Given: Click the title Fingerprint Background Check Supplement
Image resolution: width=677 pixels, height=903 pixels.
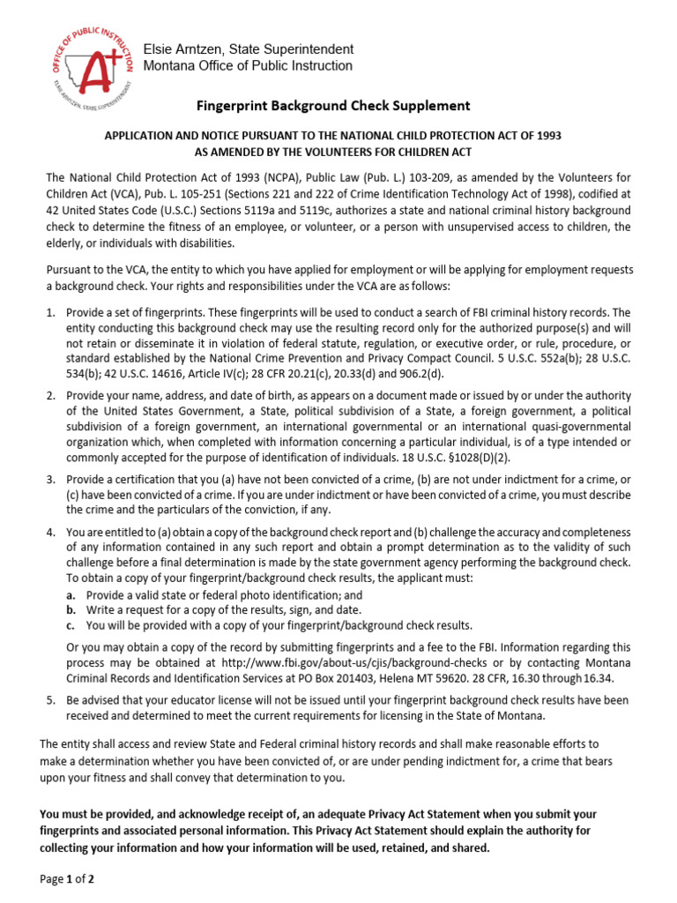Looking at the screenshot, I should click(332, 106).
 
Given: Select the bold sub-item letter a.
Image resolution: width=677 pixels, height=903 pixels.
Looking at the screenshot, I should click(70, 595).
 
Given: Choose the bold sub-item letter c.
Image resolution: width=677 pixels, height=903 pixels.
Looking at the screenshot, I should click(70, 625).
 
